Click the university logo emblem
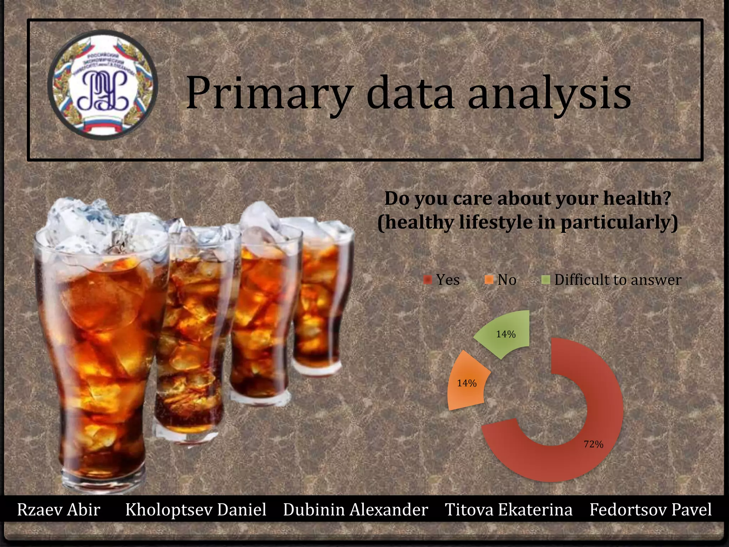(103, 85)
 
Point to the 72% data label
(593, 444)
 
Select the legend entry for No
(501, 280)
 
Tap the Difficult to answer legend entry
(612, 280)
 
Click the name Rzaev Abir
(59, 510)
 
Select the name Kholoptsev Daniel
(196, 510)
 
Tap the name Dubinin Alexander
(356, 510)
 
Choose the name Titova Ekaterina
(509, 510)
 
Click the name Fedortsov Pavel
(651, 510)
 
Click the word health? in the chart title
(637, 198)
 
